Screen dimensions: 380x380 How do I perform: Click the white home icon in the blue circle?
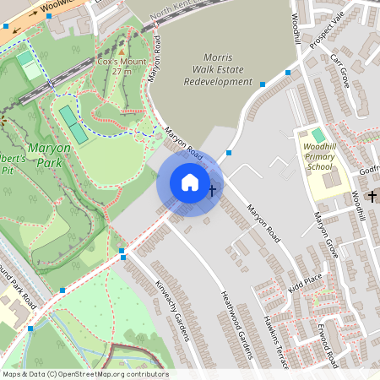click(190, 182)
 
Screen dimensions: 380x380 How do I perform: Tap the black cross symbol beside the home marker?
click(212, 189)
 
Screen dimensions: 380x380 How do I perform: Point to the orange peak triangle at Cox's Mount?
click(121, 51)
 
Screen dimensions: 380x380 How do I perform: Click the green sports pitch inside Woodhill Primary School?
click(318, 135)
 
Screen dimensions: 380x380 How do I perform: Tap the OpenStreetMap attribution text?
click(84, 374)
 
